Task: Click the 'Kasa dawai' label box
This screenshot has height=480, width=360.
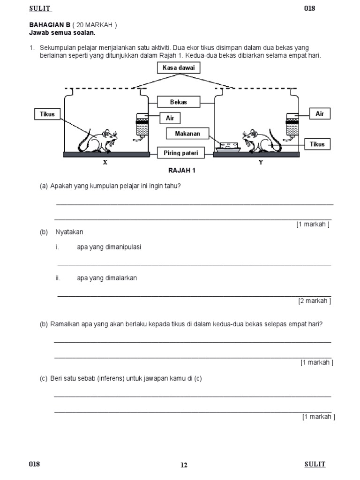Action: [x=179, y=68]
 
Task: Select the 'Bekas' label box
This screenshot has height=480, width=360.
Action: [x=179, y=102]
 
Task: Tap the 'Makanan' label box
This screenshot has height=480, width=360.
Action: [x=187, y=134]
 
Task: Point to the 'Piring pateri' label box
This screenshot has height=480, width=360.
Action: [x=181, y=153]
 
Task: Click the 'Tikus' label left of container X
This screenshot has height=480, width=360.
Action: [x=47, y=114]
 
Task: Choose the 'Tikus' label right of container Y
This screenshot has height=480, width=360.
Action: [x=317, y=144]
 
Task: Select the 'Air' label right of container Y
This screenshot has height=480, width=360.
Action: [x=320, y=114]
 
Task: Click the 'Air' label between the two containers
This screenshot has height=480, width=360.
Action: [x=170, y=118]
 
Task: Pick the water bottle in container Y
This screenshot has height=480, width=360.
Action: [x=293, y=126]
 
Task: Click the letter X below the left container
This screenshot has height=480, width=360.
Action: [x=105, y=162]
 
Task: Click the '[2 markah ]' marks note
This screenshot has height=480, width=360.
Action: [x=315, y=301]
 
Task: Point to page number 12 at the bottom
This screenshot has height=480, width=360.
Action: [x=184, y=465]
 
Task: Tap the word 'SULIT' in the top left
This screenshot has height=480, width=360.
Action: [x=40, y=8]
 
